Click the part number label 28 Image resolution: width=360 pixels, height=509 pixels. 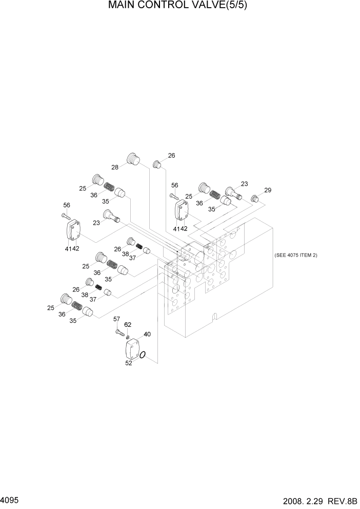click(x=115, y=167)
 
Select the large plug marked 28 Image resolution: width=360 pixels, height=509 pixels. click(x=133, y=160)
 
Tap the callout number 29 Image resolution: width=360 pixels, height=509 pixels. click(x=267, y=190)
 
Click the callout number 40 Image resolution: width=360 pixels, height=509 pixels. click(x=147, y=335)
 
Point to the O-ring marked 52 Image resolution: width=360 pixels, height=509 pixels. click(x=144, y=355)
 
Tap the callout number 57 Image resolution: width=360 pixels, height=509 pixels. click(x=116, y=319)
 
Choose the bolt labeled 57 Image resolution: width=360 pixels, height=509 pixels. click(x=120, y=332)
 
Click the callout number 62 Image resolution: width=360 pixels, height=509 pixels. click(x=128, y=324)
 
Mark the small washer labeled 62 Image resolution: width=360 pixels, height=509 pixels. click(x=128, y=337)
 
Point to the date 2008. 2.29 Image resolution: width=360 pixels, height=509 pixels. click(x=299, y=500)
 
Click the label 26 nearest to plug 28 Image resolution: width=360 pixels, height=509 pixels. click(x=171, y=155)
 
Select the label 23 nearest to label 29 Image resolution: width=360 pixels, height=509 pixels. click(x=244, y=184)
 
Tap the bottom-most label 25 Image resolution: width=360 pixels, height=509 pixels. click(x=50, y=308)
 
